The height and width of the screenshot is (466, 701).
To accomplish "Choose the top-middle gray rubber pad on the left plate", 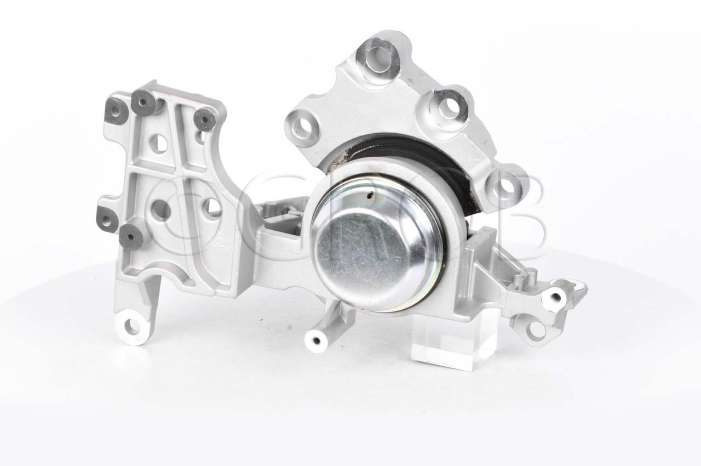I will tap(143, 100).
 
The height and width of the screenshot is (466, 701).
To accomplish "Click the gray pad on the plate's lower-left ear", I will tap(107, 218).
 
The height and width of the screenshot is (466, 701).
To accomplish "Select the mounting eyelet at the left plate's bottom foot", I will tap(132, 327).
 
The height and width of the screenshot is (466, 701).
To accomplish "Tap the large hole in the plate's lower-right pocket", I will tap(210, 207).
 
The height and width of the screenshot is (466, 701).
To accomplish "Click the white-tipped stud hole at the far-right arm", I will tap(555, 297).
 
